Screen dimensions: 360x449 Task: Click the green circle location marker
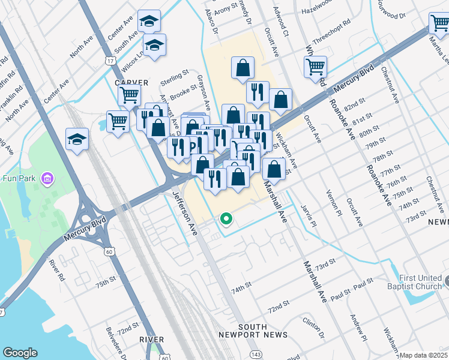tap(226, 219)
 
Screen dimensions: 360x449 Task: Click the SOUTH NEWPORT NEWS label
tap(262, 330)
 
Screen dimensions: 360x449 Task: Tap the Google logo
tap(20, 353)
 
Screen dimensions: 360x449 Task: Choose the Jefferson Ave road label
tap(184, 212)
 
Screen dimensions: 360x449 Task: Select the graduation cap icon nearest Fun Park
tap(77, 139)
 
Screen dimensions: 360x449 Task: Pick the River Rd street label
tap(58, 271)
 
